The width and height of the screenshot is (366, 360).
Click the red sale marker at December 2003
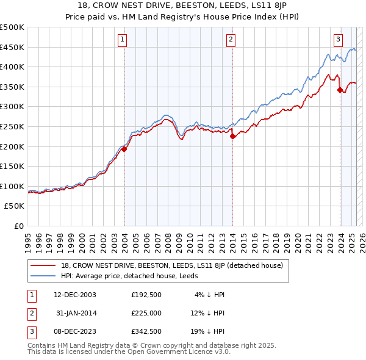click(124, 149)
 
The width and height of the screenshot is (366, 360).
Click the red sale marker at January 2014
click(232, 137)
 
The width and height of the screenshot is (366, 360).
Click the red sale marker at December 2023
click(340, 90)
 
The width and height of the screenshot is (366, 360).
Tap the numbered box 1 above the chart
click(123, 40)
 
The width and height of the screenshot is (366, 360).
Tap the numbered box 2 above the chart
click(231, 40)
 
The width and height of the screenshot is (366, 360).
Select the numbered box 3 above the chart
click(338, 40)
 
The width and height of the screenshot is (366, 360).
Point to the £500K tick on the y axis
click(12, 27)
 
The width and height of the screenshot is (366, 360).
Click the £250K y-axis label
click(12, 126)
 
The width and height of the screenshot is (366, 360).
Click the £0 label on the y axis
click(19, 226)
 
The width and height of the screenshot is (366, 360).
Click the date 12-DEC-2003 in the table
click(76, 295)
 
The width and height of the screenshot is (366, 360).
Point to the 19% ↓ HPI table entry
click(207, 333)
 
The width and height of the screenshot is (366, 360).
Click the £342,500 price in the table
click(146, 333)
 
